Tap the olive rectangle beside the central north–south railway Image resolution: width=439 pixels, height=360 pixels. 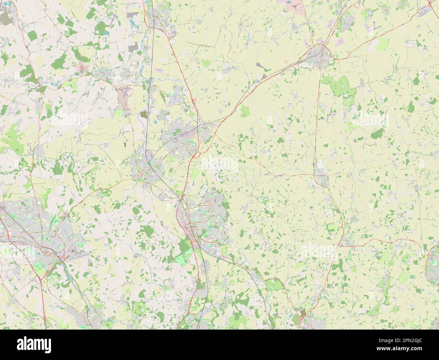[144, 115]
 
